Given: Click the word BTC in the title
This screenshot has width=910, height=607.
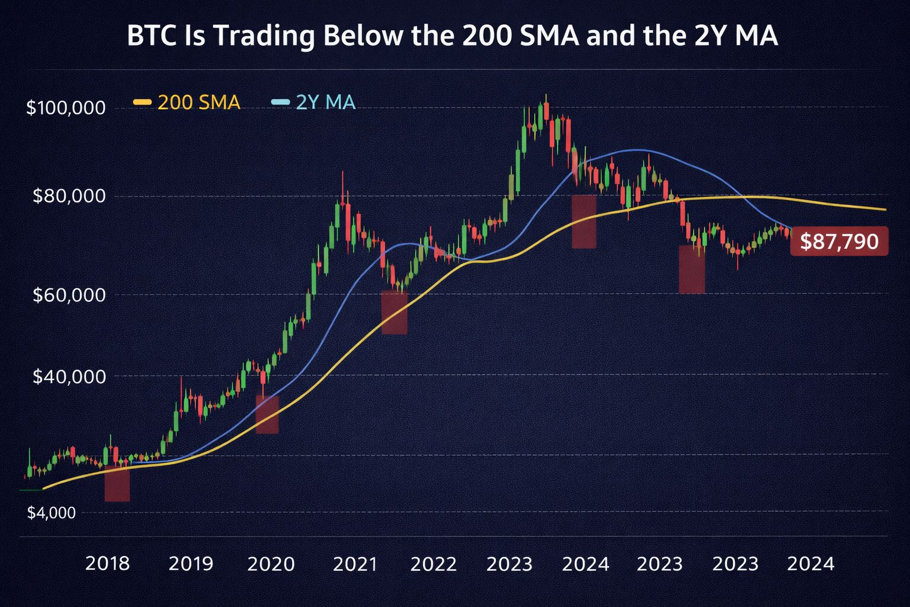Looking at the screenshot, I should tap(150, 37).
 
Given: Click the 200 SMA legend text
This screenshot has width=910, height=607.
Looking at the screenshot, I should tap(198, 103).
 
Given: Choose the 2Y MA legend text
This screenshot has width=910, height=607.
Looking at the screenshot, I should tap(325, 103).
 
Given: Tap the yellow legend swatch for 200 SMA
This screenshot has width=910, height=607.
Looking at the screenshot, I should tap(143, 103).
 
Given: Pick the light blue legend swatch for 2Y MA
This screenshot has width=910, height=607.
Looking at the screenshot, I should tap(280, 103).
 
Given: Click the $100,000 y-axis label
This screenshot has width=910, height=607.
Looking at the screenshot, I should tap(66, 108).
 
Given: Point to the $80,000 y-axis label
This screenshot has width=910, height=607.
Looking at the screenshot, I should tap(69, 196).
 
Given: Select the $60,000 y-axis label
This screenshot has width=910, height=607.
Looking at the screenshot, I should tap(69, 295).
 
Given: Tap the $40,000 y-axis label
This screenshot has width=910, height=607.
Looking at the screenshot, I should tap(69, 376).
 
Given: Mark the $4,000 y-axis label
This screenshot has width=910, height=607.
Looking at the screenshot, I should tap(52, 513).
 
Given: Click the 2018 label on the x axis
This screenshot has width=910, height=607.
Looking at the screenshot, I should tap(107, 564).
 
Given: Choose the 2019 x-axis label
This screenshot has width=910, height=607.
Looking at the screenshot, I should tap(191, 564).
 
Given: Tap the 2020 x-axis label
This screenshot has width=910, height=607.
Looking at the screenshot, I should tap(271, 564).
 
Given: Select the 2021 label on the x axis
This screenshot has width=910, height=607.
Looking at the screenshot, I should tap(355, 564).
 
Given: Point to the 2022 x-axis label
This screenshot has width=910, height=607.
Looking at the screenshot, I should tap(434, 564).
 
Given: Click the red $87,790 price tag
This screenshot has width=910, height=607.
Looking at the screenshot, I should tap(839, 241).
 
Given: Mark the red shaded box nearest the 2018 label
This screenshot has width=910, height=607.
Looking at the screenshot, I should tap(117, 484).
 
